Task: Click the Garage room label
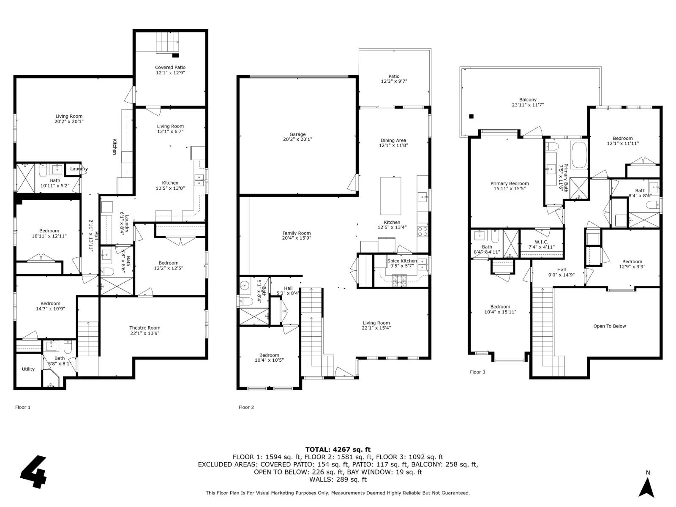click(x=297, y=134)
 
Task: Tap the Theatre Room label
click(x=144, y=328)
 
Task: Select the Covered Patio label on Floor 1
click(x=170, y=67)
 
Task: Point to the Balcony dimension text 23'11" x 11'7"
click(x=528, y=105)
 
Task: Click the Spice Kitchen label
click(x=402, y=261)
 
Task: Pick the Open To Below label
click(x=609, y=326)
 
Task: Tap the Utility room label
click(x=28, y=369)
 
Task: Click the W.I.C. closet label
click(x=541, y=242)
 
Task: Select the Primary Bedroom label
click(x=510, y=183)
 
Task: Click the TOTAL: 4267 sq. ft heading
click(x=338, y=450)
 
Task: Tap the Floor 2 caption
click(x=246, y=407)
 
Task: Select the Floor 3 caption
click(x=477, y=372)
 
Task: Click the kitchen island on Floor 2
click(x=391, y=196)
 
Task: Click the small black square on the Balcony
click(x=472, y=117)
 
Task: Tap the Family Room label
click(x=296, y=233)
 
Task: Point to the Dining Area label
click(x=393, y=140)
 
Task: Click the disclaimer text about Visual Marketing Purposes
click(x=338, y=493)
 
